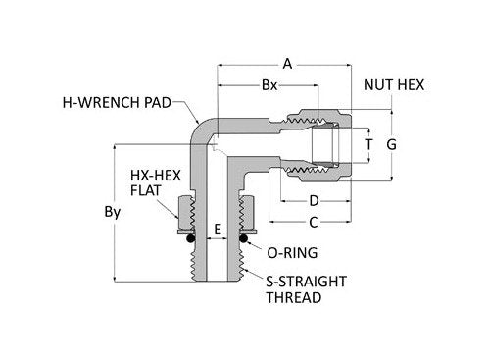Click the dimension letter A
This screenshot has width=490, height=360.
click(x=287, y=64)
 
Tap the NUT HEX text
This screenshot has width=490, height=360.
click(x=393, y=85)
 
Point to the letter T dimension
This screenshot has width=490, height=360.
click(x=367, y=144)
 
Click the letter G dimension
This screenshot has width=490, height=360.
click(x=392, y=144)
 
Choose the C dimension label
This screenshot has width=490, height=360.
click(x=314, y=222)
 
